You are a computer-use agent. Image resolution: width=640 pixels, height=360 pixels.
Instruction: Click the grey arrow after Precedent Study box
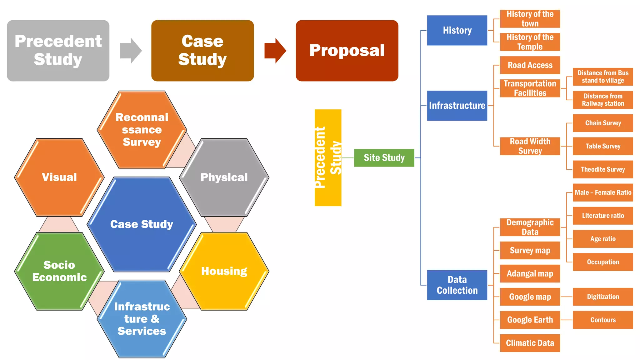coord(130,51)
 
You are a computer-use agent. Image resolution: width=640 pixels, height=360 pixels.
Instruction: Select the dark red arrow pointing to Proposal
coord(275,51)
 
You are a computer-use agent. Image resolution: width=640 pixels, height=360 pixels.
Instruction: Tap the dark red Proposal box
coord(347,51)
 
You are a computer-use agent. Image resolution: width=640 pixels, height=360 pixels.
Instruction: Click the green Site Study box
coord(384,158)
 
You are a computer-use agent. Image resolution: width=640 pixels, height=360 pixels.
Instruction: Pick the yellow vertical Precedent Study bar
coord(327,158)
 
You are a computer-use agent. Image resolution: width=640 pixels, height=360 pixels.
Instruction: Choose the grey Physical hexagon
coord(224,177)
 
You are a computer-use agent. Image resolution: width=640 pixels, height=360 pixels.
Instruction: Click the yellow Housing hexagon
coord(224,271)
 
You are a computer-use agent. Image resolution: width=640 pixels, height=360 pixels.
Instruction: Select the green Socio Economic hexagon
coord(59,271)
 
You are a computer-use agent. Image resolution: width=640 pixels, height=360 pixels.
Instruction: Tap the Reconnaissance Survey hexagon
coord(142,130)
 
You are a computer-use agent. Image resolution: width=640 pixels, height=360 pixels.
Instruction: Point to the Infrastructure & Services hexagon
coord(142,319)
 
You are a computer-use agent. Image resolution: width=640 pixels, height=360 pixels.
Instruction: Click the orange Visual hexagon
coord(59,177)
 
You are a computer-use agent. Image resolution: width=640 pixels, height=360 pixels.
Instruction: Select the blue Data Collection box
coord(457,285)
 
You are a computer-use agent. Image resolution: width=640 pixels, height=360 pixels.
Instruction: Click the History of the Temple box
coord(530,42)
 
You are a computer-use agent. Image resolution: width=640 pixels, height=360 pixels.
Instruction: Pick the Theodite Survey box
coord(602,169)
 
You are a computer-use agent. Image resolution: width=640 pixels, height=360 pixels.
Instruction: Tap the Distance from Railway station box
coord(602,100)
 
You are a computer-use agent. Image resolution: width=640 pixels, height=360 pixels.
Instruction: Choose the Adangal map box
coord(530,274)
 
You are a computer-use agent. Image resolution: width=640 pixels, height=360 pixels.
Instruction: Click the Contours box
coord(602,320)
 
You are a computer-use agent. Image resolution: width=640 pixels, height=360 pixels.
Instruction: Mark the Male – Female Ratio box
coord(602,192)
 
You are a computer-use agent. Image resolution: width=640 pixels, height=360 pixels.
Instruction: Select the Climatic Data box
coord(530,343)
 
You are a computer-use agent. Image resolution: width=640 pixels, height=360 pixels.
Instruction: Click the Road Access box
coord(530,65)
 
